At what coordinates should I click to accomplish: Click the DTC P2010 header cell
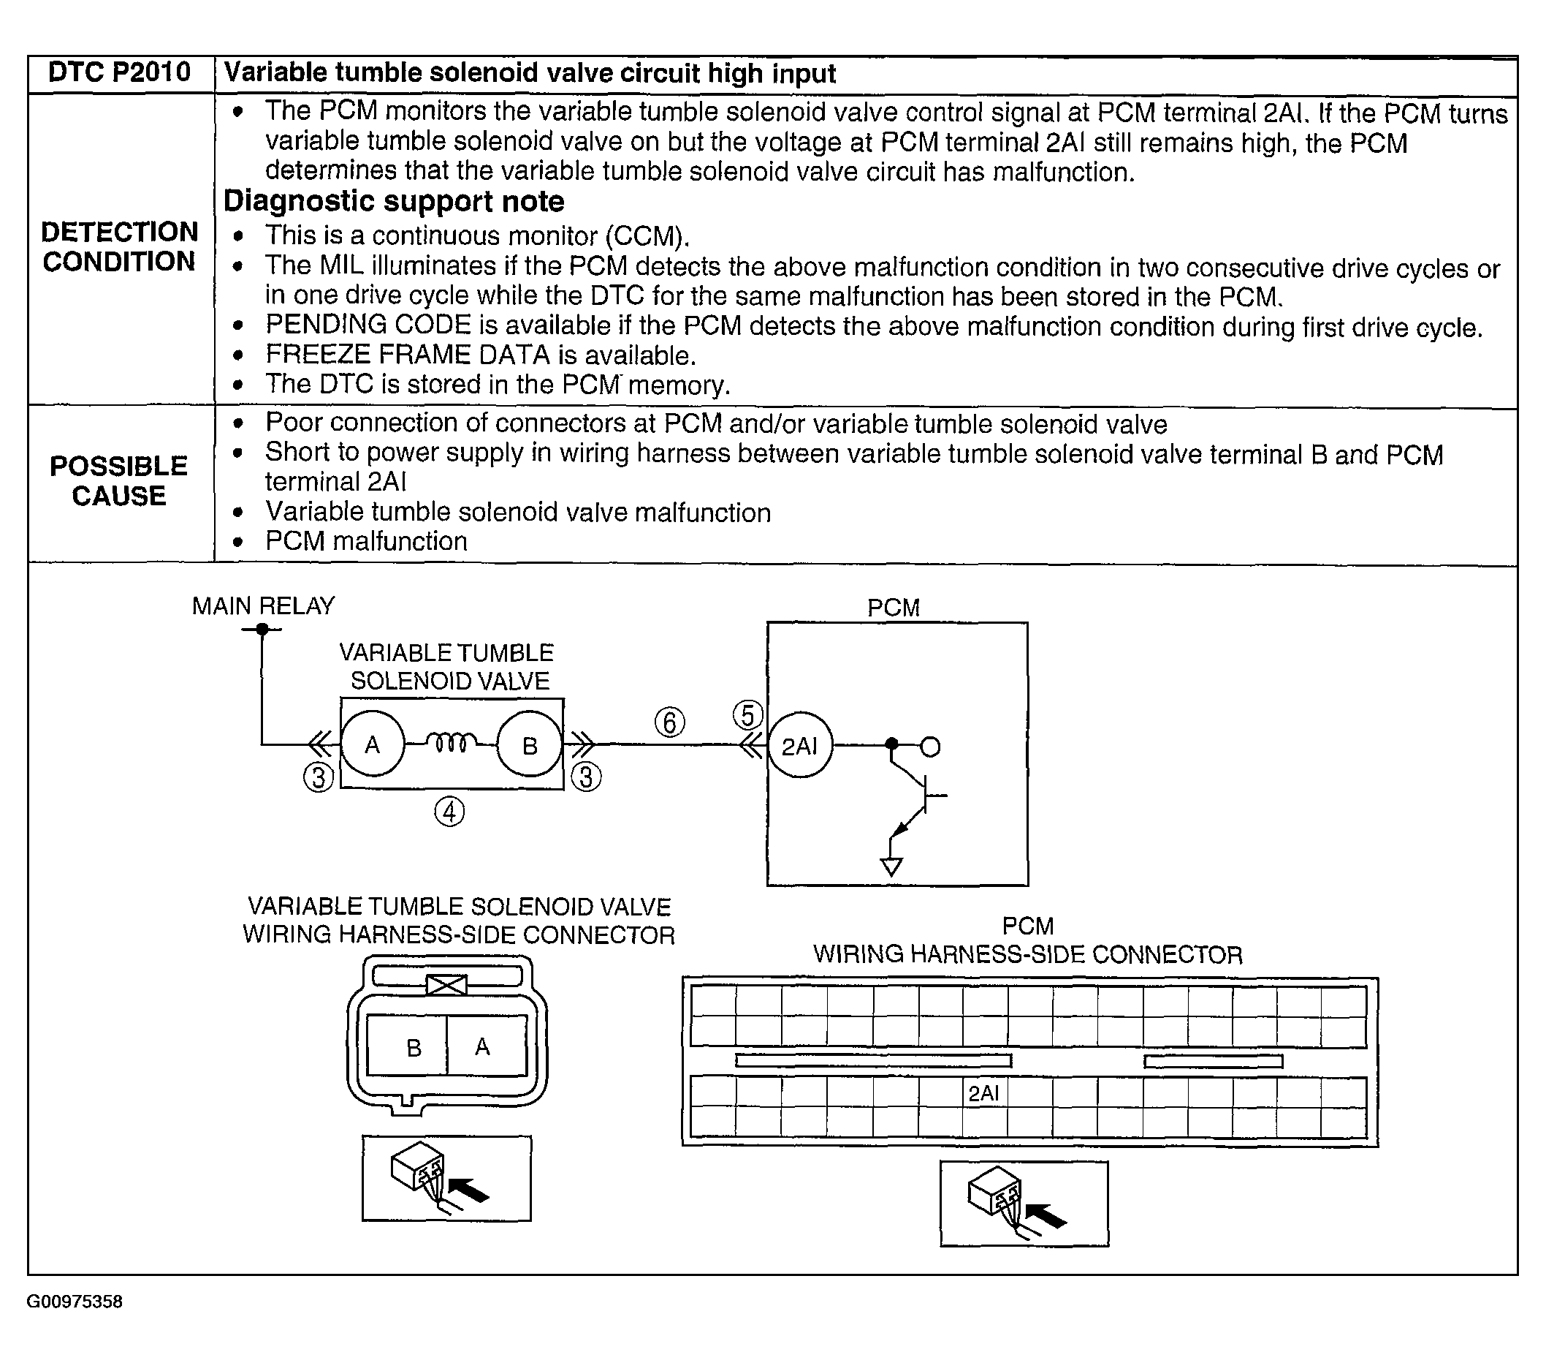pyautogui.click(x=120, y=72)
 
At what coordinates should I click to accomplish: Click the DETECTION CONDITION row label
pyautogui.click(x=120, y=246)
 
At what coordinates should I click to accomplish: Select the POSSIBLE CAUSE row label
pyautogui.click(x=119, y=480)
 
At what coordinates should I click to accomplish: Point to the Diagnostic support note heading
pyautogui.click(x=393, y=201)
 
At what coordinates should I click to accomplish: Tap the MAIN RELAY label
pyautogui.click(x=262, y=606)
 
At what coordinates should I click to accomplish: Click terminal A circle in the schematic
pyautogui.click(x=372, y=745)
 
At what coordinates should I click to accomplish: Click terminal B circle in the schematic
pyautogui.click(x=530, y=745)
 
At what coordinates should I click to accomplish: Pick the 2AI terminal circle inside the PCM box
pyautogui.click(x=799, y=746)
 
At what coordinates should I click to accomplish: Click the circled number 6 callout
pyautogui.click(x=669, y=722)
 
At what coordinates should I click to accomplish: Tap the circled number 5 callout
pyautogui.click(x=747, y=715)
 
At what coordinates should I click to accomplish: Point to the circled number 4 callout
pyautogui.click(x=449, y=812)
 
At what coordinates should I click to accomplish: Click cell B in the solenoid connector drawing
pyautogui.click(x=414, y=1047)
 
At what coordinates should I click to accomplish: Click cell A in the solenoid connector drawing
pyautogui.click(x=482, y=1046)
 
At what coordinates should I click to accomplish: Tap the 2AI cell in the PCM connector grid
pyautogui.click(x=983, y=1093)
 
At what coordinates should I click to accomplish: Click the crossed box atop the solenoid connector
pyautogui.click(x=446, y=986)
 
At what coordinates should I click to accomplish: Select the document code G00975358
pyautogui.click(x=74, y=1301)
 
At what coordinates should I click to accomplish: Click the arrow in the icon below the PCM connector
pyautogui.click(x=1047, y=1216)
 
